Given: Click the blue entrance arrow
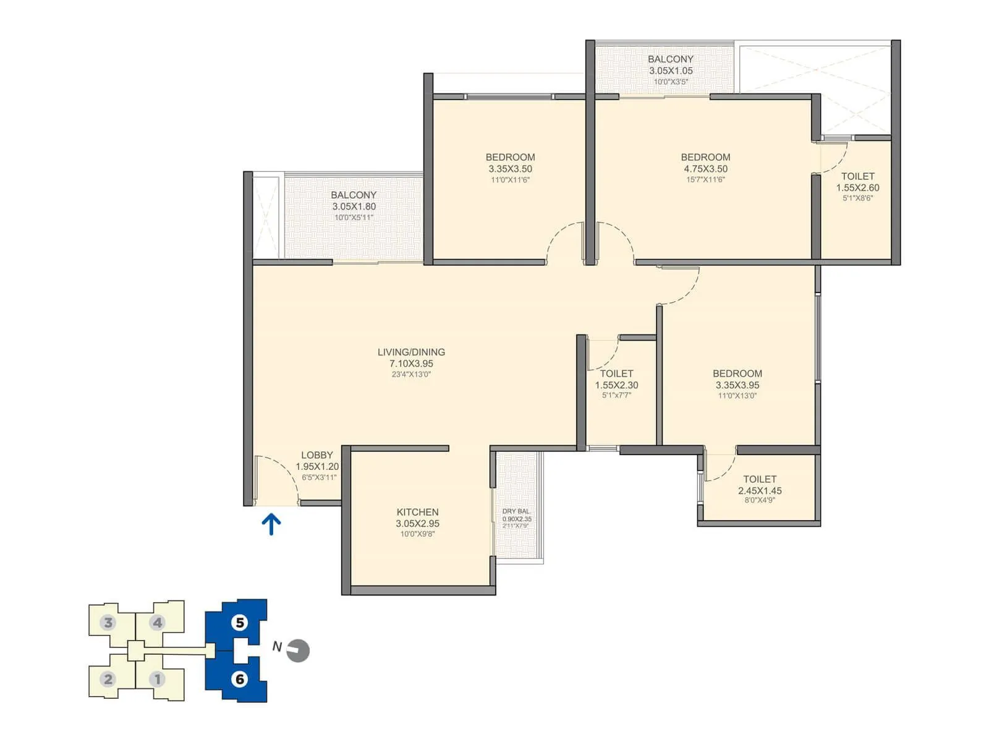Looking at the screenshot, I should [271, 524].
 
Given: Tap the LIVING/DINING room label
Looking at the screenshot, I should [411, 352].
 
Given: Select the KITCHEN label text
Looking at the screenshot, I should [417, 512].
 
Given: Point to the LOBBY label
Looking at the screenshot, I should [316, 455].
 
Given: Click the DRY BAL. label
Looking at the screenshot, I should [516, 511].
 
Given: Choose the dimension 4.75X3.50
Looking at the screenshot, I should [705, 169].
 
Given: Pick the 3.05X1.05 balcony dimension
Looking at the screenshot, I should [671, 70].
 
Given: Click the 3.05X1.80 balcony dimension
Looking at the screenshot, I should [354, 207].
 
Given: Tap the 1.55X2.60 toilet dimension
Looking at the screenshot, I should [857, 188].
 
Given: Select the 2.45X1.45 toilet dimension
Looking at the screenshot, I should [760, 491].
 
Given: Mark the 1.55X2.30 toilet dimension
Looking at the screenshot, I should [616, 385].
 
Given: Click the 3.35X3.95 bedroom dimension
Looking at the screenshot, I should [737, 385].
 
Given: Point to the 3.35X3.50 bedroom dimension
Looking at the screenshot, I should [510, 169].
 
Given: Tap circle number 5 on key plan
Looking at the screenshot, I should [240, 622].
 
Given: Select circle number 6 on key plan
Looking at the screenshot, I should [240, 679].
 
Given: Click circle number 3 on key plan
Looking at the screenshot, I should [109, 622].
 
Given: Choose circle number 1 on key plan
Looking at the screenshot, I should [158, 679].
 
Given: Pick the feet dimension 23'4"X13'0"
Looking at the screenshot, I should [411, 374].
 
